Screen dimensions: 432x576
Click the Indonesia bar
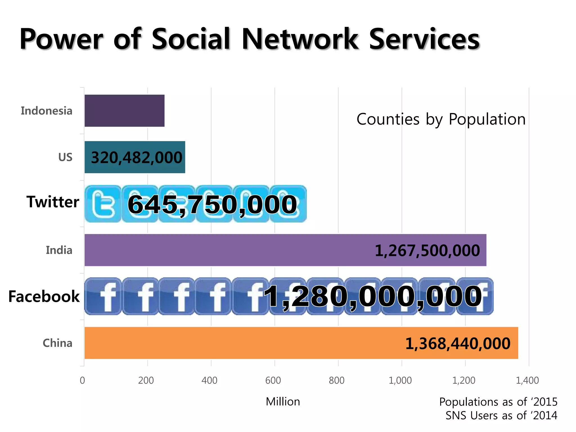tap(124, 111)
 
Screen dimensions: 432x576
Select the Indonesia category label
tap(46, 111)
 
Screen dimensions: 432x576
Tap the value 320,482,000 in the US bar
tap(136, 157)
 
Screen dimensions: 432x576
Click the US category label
tap(65, 157)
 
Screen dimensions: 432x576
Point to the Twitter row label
tap(53, 202)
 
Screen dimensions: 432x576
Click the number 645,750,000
tap(212, 204)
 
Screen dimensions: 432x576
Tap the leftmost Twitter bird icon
tap(103, 204)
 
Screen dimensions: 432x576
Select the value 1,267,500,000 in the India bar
tap(427, 251)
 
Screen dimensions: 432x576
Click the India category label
tap(59, 250)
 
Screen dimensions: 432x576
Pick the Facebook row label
tap(44, 296)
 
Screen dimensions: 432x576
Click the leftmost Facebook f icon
tap(103, 296)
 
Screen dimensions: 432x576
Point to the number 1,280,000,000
tap(373, 296)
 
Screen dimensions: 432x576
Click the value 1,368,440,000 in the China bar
tap(458, 344)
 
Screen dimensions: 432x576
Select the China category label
tap(57, 343)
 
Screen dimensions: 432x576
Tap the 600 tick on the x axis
tap(273, 381)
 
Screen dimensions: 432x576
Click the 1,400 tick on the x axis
tap(527, 381)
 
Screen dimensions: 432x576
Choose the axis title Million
tap(283, 402)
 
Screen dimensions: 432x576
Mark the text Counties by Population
tap(441, 119)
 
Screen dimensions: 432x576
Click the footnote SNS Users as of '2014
tap(501, 415)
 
